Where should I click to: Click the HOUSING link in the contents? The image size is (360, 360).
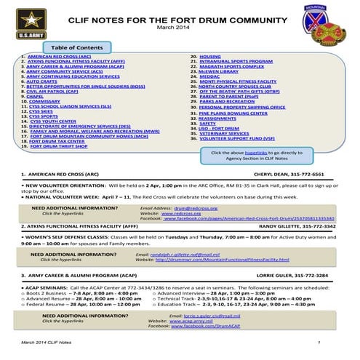210,55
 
